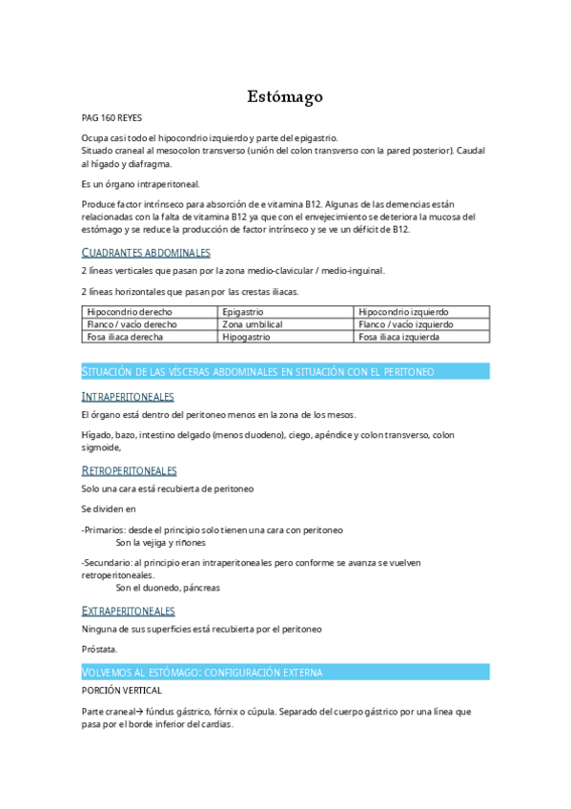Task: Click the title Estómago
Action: pos(285,96)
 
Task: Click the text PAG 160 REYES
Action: pos(112,117)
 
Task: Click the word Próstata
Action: pos(99,649)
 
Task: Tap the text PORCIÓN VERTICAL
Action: pos(122,689)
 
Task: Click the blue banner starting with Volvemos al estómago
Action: pos(285,672)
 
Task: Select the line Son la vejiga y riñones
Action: pos(153,542)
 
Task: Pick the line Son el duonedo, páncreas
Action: pos(161,588)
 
